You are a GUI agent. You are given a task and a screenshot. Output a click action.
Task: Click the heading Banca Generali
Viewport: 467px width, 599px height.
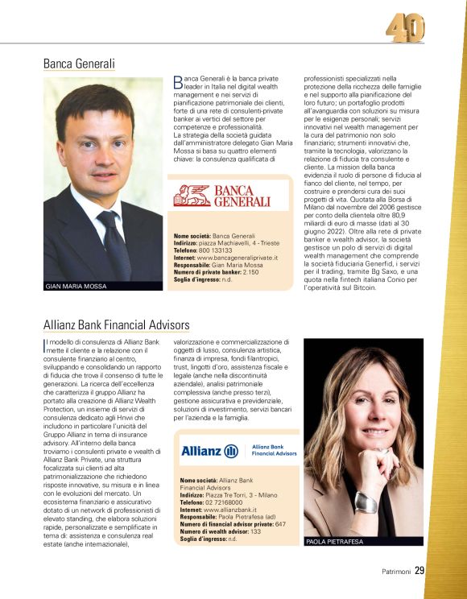[79, 63]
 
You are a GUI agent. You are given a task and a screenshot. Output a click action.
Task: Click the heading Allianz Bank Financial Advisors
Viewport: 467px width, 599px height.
[116, 324]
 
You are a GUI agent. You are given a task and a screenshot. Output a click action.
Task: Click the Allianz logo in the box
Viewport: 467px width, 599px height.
[209, 451]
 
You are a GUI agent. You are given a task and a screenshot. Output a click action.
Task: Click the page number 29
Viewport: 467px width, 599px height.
[419, 571]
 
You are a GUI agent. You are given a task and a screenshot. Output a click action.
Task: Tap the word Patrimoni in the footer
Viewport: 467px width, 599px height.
[397, 572]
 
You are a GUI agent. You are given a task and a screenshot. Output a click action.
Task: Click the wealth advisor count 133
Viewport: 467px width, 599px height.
[256, 531]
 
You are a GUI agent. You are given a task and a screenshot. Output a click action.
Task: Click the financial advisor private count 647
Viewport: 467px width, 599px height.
[280, 524]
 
